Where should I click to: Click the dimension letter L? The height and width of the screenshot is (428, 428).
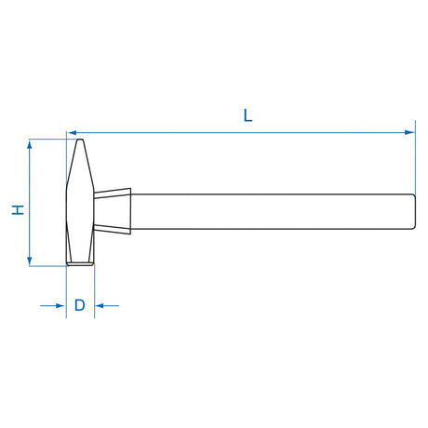tap(247, 115)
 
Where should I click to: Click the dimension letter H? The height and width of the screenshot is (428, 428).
tap(18, 210)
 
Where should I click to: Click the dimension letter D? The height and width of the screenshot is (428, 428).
tap(80, 305)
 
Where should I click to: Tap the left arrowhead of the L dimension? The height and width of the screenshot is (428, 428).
tap(73, 133)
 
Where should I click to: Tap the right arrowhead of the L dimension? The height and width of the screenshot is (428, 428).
tap(410, 133)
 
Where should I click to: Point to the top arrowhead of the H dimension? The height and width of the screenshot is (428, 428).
tap(30, 144)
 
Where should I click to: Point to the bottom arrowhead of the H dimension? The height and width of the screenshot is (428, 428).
tap(30, 261)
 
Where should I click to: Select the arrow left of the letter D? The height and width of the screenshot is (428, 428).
tap(52, 306)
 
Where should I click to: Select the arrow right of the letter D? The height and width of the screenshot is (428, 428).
tap(107, 306)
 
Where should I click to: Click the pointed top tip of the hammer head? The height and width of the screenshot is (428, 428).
tap(80, 140)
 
